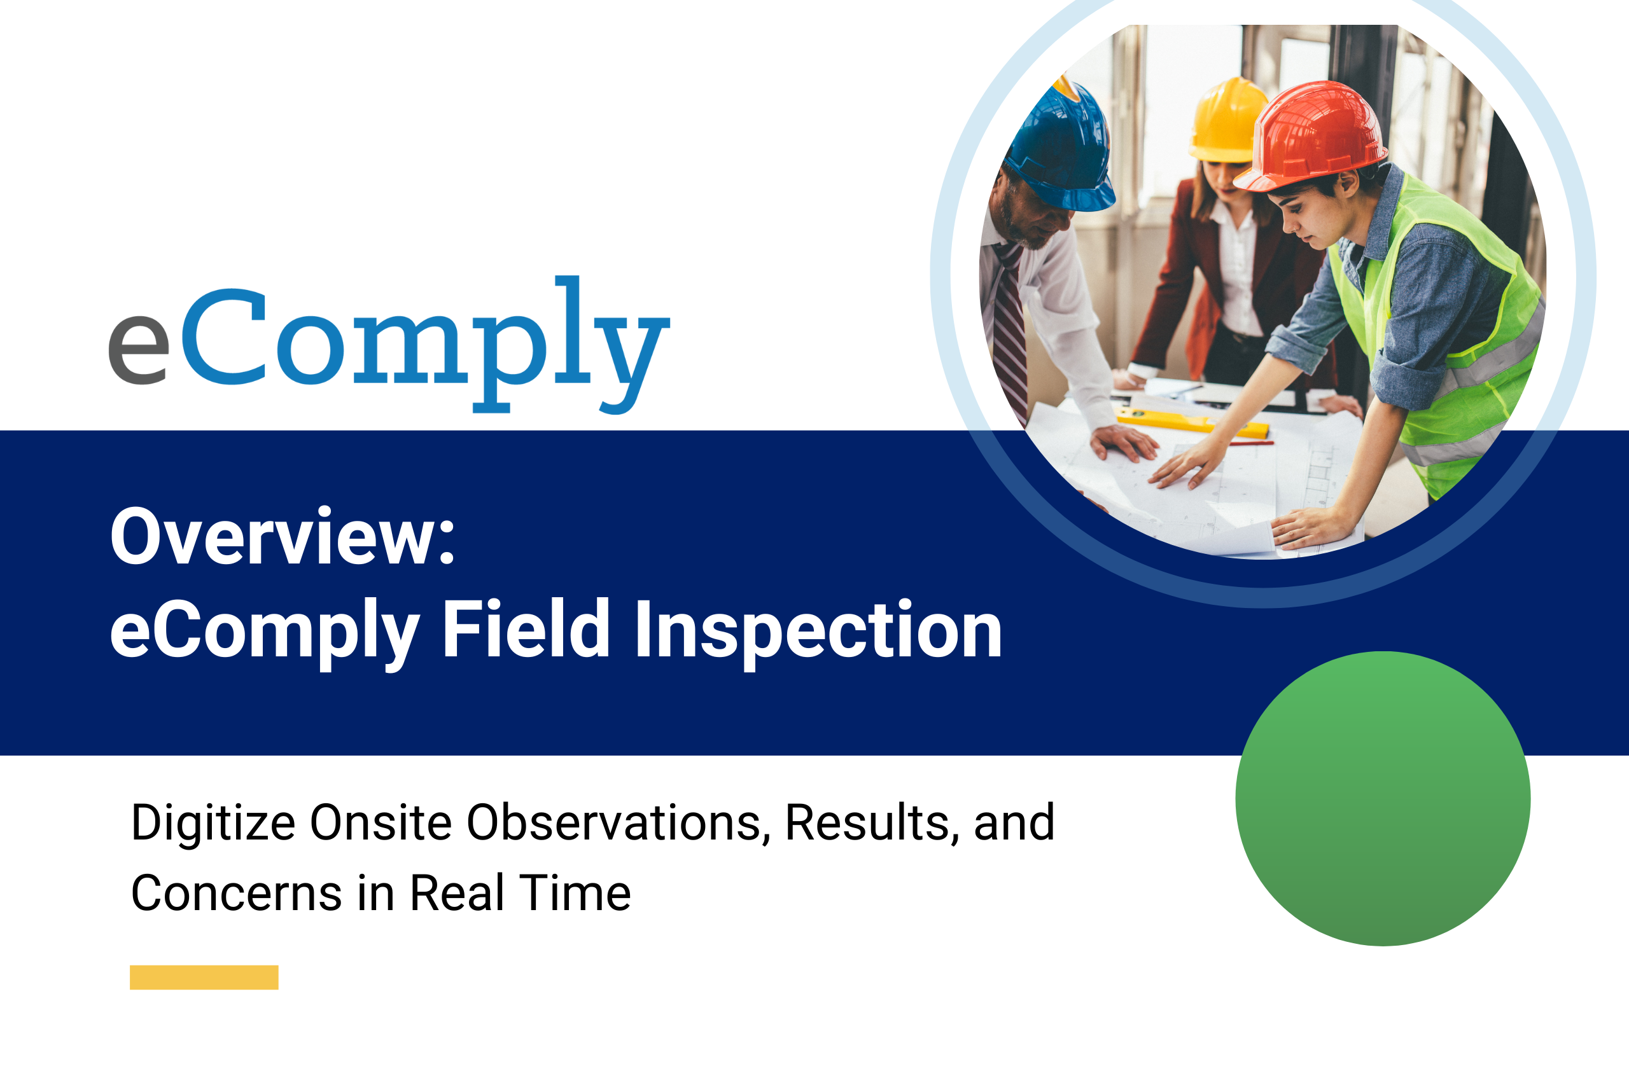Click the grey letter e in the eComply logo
(139, 350)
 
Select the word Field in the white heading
(526, 628)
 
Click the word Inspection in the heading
(818, 633)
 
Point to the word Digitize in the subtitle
(213, 824)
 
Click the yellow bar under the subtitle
(204, 977)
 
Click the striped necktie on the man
(1010, 332)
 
